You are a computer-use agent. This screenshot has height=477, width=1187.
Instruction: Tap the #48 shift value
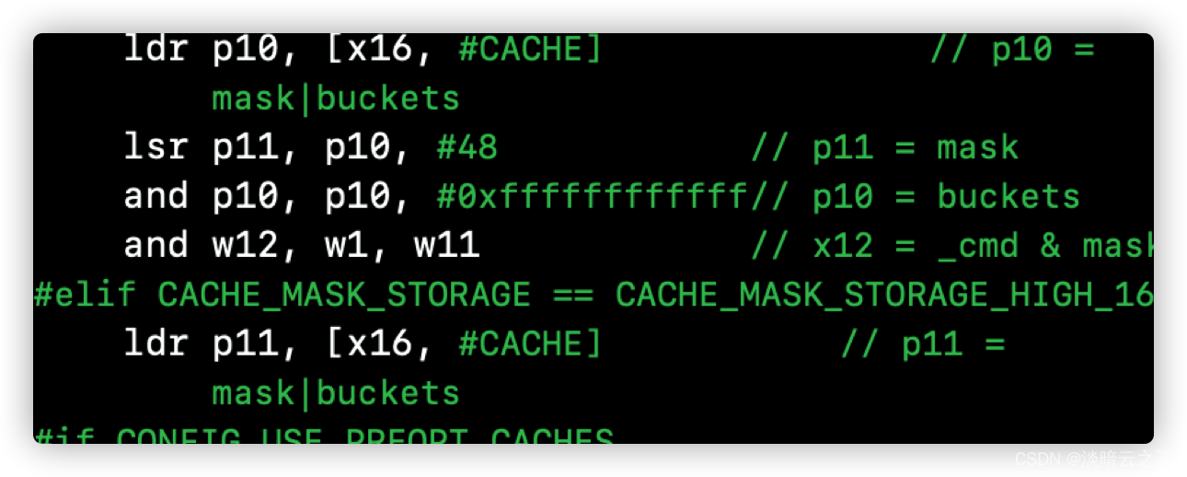click(467, 146)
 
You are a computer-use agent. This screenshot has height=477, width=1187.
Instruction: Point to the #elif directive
click(85, 294)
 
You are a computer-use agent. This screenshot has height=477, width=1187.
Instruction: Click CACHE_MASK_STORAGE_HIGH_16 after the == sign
click(884, 294)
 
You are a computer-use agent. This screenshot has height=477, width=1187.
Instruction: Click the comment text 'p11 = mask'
click(916, 147)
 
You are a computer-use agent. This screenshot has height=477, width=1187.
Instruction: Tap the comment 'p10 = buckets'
click(946, 196)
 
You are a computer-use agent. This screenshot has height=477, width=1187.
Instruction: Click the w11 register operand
click(447, 245)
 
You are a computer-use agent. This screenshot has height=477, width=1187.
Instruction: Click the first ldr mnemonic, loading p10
click(156, 49)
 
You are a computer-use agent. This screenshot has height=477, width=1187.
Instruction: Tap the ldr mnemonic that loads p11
click(156, 343)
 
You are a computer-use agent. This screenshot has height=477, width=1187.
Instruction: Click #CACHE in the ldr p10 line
click(529, 49)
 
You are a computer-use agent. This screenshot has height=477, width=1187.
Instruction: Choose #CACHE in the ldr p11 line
click(529, 343)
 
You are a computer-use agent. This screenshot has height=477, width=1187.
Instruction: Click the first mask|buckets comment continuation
click(336, 99)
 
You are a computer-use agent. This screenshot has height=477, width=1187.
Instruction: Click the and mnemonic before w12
click(156, 245)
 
